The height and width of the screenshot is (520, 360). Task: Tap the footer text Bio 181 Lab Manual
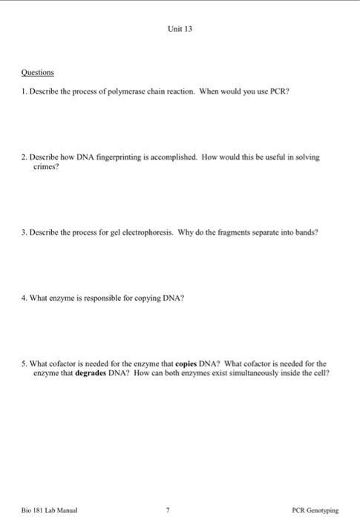[44, 510]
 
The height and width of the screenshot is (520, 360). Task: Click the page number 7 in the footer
[168, 510]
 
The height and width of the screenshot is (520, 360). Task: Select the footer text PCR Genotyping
[315, 510]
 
